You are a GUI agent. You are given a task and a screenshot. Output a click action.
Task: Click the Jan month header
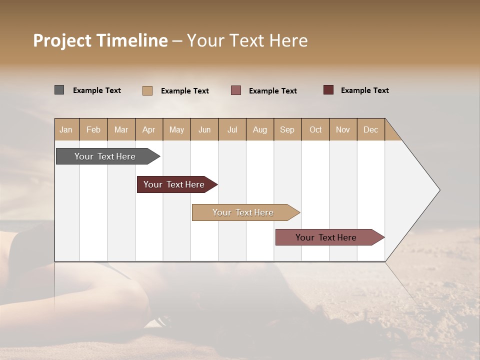pyautogui.click(x=66, y=129)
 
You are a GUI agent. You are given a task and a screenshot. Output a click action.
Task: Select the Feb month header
pyautogui.click(x=93, y=129)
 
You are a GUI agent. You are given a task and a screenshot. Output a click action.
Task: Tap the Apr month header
pyautogui.click(x=149, y=129)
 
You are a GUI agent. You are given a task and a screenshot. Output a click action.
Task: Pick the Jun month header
pyautogui.click(x=204, y=129)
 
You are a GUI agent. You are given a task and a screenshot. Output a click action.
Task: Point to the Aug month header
pyautogui.click(x=260, y=129)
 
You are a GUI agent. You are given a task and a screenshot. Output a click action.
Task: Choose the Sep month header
pyautogui.click(x=287, y=129)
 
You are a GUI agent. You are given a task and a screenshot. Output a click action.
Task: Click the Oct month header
pyautogui.click(x=315, y=129)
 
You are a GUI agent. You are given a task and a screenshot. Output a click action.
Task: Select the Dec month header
pyautogui.click(x=371, y=129)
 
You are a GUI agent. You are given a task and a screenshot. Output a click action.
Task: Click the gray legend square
pyautogui.click(x=59, y=90)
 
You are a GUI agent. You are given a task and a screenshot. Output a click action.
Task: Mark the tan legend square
pyautogui.click(x=147, y=90)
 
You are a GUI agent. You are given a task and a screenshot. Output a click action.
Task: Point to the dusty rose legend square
pyautogui.click(x=236, y=90)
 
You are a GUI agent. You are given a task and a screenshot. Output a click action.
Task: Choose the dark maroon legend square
pyautogui.click(x=328, y=90)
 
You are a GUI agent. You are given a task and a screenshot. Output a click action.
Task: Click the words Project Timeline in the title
pyautogui.click(x=100, y=40)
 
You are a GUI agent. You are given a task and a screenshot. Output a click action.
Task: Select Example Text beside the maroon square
pyautogui.click(x=364, y=90)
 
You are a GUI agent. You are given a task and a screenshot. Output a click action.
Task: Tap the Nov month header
pyautogui.click(x=343, y=129)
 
